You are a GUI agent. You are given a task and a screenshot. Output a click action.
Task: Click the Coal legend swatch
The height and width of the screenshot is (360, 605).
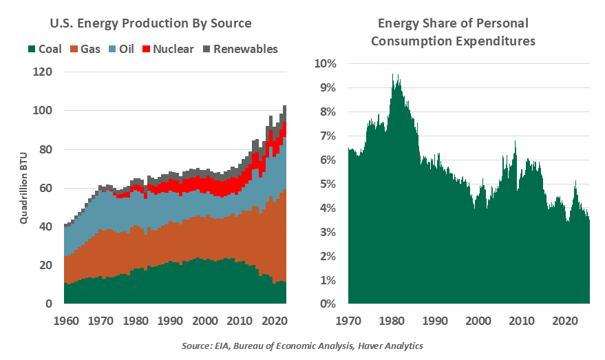point(32,49)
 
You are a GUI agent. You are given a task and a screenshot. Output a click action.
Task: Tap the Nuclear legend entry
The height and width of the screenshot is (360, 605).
point(168,49)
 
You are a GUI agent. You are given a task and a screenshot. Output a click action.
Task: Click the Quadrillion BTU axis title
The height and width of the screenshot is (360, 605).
point(23,188)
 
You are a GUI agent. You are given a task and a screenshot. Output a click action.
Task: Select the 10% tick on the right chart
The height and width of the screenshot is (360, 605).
point(325,64)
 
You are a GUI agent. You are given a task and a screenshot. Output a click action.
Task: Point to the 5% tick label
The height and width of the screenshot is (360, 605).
point(328,184)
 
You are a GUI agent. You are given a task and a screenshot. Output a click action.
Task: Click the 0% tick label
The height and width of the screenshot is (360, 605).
point(328,304)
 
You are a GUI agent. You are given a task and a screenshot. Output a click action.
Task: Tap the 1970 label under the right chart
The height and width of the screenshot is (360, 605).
point(348,321)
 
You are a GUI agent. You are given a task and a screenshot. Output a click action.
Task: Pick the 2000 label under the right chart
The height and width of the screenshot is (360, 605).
point(478,321)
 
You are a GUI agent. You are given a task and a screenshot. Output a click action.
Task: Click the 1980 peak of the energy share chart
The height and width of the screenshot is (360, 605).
point(393,74)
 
